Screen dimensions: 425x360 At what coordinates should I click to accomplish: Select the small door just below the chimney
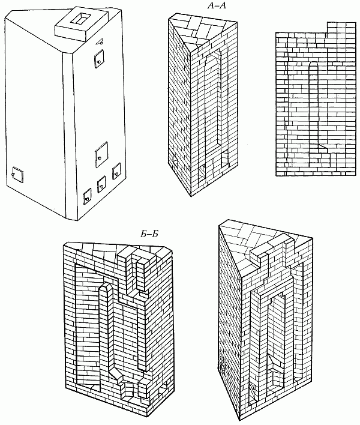(x=98, y=58)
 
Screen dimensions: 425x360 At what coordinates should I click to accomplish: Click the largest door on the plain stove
(x=101, y=154)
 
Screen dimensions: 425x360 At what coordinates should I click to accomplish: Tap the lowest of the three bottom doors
(x=87, y=195)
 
